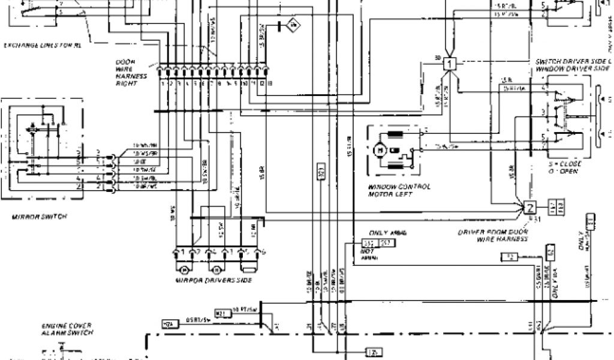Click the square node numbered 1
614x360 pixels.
click(x=449, y=62)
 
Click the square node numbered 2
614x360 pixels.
click(x=530, y=209)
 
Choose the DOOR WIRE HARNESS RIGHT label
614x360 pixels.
click(x=128, y=73)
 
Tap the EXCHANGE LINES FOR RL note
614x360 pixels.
click(x=42, y=45)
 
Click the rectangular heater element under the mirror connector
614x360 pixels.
click(x=247, y=265)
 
